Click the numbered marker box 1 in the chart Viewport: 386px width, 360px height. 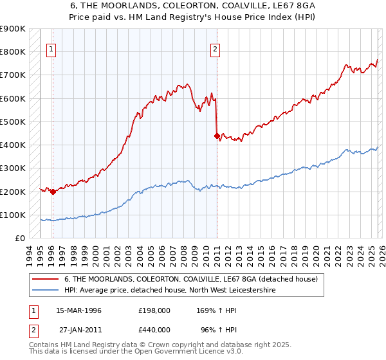51,48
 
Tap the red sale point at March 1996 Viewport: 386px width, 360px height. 53,192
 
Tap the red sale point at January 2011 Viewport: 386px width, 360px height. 217,136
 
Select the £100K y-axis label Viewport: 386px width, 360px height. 13,215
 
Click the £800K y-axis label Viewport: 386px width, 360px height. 13,51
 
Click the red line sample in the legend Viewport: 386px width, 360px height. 46,280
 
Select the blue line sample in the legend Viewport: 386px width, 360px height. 46,291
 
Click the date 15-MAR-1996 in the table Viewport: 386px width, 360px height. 78,310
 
